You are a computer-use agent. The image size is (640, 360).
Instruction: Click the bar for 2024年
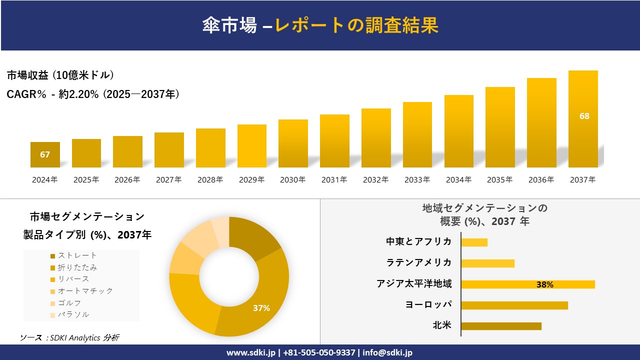tap(45, 154)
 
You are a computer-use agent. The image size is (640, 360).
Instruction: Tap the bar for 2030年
tap(293, 143)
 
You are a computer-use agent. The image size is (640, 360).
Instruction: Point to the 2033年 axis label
tap(417, 180)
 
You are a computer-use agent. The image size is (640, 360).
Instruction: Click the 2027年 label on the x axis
tap(168, 180)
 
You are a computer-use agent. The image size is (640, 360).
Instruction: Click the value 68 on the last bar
tap(584, 116)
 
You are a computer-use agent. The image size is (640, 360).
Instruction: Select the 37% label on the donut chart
tap(261, 308)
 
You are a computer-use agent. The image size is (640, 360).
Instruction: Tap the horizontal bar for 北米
tap(501, 326)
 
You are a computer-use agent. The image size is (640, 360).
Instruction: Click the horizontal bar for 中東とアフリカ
tap(474, 242)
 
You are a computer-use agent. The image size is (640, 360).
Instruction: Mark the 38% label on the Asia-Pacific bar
tap(544, 284)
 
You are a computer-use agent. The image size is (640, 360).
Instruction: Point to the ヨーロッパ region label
tap(428, 304)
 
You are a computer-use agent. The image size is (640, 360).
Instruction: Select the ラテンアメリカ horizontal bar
tap(487, 263)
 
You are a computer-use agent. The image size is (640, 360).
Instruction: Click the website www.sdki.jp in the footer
tap(250, 352)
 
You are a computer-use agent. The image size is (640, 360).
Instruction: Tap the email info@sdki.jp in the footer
tap(388, 352)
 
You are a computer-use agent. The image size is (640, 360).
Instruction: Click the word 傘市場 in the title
tap(229, 25)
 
